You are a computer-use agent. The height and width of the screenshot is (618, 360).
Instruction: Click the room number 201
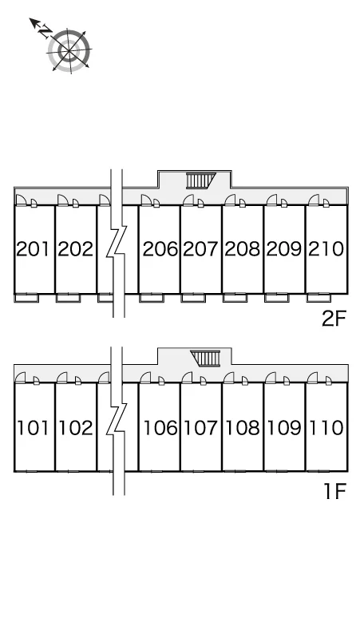coord(33,249)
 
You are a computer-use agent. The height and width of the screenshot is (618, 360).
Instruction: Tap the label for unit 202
coord(75,249)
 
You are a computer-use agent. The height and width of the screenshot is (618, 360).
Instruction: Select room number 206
coord(160,249)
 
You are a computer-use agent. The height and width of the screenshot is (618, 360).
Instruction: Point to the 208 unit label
coord(242,249)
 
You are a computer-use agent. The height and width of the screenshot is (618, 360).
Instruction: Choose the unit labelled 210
coord(326,249)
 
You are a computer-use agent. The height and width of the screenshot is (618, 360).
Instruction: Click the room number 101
coord(33,428)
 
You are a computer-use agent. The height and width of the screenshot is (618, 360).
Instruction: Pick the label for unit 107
coord(201,428)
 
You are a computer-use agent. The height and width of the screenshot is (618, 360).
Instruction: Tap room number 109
coord(284,428)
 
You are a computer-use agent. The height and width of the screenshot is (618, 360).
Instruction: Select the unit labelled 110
coord(326,428)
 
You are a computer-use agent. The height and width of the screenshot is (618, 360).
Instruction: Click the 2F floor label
coord(334,319)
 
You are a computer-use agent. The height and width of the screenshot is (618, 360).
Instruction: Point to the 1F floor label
coord(334,491)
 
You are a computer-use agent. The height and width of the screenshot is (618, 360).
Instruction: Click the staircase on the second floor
coord(201,181)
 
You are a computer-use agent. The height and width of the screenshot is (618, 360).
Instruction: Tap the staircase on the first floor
coord(205,359)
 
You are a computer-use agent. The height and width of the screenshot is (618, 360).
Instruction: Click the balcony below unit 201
coord(27,298)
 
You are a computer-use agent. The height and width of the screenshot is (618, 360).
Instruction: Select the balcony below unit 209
coord(276,298)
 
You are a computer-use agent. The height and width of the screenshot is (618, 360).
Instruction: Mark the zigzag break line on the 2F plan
coord(117,244)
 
